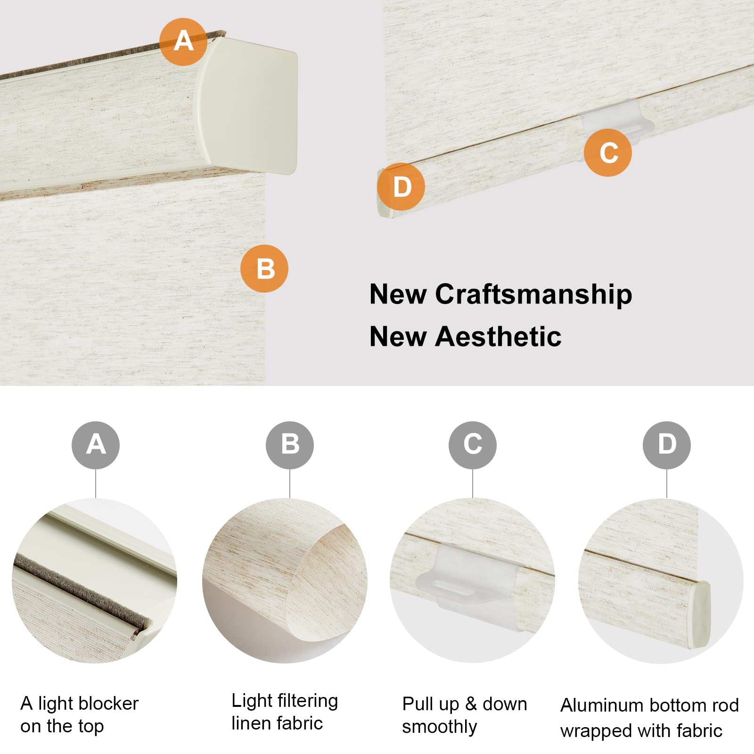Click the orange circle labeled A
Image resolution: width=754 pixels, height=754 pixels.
tap(183, 41)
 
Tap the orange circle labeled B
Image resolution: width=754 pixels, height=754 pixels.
tap(264, 269)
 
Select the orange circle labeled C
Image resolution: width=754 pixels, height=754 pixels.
tap(608, 153)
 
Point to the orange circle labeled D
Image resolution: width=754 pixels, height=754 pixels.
tap(402, 187)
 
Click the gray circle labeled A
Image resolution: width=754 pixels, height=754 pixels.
tap(96, 445)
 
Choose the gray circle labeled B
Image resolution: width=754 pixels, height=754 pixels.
tap(290, 445)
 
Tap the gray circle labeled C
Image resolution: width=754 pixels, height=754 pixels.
tap(473, 445)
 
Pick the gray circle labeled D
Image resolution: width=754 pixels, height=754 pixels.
tap(667, 445)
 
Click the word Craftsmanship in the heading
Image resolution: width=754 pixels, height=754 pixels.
tap(533, 295)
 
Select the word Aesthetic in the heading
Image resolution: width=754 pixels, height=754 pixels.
tap(498, 337)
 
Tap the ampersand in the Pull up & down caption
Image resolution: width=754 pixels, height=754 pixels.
tap(471, 704)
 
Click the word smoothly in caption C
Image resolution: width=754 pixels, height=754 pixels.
tap(439, 727)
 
